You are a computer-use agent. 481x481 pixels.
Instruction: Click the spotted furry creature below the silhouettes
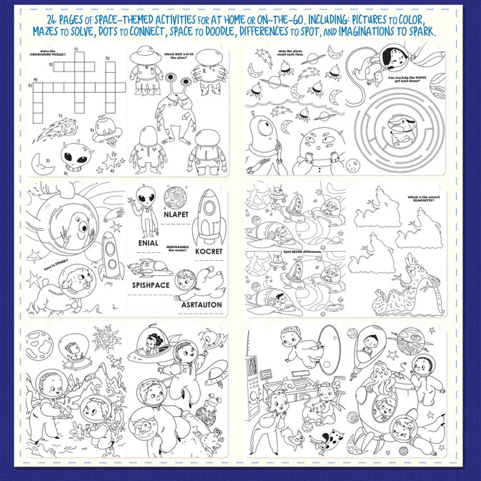pos(415,282)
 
